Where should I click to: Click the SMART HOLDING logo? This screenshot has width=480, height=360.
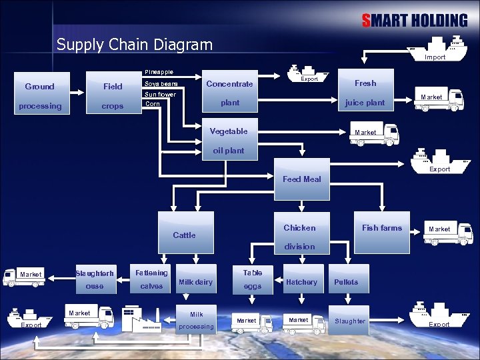tap(414, 21)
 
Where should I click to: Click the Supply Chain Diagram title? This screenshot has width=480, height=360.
tap(135, 45)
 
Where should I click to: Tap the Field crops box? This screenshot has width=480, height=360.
tap(112, 96)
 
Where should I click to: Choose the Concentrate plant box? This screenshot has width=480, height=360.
tap(229, 93)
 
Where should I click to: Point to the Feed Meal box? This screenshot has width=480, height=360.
tap(301, 179)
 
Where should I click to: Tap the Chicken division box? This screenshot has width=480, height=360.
tap(299, 236)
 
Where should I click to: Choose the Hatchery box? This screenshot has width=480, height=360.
tap(301, 282)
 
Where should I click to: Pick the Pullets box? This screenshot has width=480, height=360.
tap(346, 282)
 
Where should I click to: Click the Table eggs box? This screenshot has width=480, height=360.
tap(253, 279)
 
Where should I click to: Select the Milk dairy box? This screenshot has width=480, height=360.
tap(195, 282)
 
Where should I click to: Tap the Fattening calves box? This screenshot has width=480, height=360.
tap(151, 279)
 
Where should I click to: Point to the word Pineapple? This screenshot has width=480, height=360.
tap(159, 72)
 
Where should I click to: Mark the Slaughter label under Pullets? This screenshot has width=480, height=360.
tap(350, 321)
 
